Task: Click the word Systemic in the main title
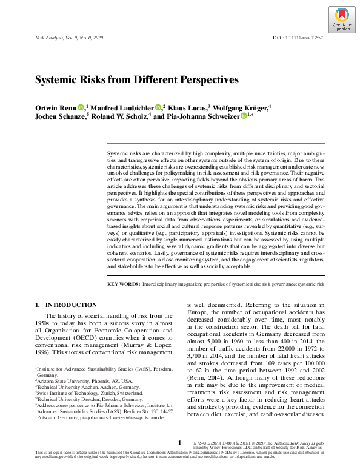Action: click(x=56, y=79)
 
